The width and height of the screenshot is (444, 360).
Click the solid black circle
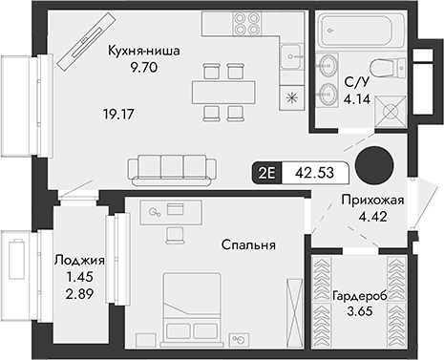(373, 165)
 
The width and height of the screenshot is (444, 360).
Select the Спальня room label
(251, 245)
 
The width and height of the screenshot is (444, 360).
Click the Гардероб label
(360, 297)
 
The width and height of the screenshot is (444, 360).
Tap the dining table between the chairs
(221, 92)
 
